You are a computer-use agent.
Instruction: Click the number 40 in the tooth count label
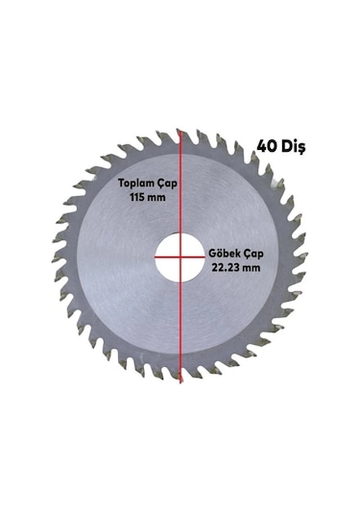(x=267, y=147)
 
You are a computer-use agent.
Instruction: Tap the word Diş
(x=293, y=147)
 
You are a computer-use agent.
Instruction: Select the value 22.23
(x=228, y=269)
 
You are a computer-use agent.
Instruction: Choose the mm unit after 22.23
(x=254, y=269)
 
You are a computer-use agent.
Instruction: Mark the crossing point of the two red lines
(x=180, y=257)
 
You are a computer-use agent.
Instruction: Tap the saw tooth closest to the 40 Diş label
(x=260, y=163)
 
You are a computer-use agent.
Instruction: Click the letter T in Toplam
(x=121, y=183)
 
